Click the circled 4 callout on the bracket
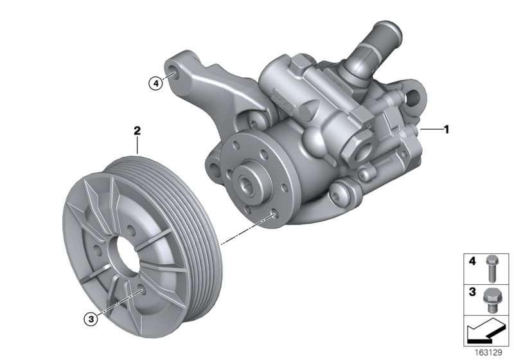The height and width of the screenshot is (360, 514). (154, 82)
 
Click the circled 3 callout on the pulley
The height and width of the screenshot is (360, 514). (93, 317)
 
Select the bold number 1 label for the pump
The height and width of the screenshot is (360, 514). (446, 129)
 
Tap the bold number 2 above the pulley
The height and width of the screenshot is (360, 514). (137, 130)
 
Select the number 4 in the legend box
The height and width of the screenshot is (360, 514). (472, 262)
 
